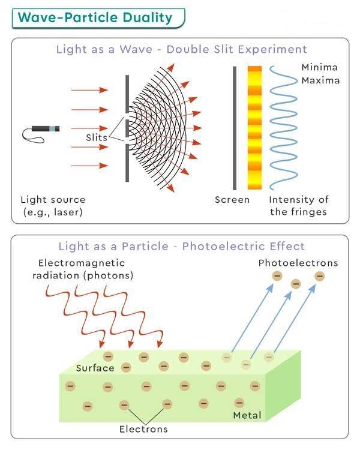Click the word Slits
click(x=96, y=137)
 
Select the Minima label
click(x=320, y=67)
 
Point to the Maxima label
click(x=320, y=80)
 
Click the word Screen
click(x=232, y=200)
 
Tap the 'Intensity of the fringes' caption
click(x=299, y=205)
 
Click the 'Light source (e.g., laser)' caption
click(x=53, y=205)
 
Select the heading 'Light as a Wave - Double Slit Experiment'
click(x=181, y=49)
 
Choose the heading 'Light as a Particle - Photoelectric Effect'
click(x=181, y=246)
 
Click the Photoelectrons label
click(x=298, y=263)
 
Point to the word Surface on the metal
click(x=95, y=368)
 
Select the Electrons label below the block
click(x=143, y=429)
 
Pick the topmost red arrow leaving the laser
click(x=90, y=91)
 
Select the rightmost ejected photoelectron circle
click(x=319, y=276)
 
